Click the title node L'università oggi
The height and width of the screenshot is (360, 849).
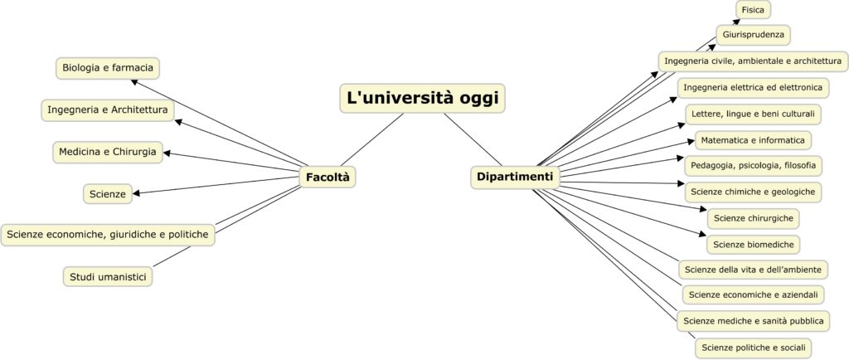(x=422, y=98)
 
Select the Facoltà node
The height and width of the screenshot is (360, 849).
(x=327, y=177)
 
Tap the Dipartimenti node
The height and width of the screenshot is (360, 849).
(x=515, y=177)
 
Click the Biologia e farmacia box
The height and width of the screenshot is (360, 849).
(x=108, y=68)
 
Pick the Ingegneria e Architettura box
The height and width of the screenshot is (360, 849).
(x=108, y=109)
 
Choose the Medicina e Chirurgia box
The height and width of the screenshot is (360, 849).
(x=108, y=152)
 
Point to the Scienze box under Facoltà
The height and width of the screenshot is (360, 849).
(x=108, y=194)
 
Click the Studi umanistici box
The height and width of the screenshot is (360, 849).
(x=108, y=277)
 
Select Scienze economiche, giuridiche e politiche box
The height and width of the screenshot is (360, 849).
(x=108, y=235)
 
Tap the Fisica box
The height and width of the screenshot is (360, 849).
(x=753, y=10)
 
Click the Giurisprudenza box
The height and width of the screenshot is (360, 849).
(x=753, y=35)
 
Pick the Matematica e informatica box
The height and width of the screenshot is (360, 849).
(x=753, y=141)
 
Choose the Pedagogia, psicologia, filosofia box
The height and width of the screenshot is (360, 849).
(x=753, y=166)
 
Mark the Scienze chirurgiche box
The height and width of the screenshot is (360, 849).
(x=753, y=218)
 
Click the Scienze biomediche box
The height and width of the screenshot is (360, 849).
(x=753, y=244)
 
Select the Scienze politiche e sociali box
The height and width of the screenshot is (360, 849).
(x=753, y=347)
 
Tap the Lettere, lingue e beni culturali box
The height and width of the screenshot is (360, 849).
(x=753, y=114)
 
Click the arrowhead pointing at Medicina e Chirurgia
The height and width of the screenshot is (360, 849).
(x=167, y=153)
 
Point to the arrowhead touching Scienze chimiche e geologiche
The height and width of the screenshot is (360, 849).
(x=682, y=184)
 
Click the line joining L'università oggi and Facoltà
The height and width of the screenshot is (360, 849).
(x=372, y=139)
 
